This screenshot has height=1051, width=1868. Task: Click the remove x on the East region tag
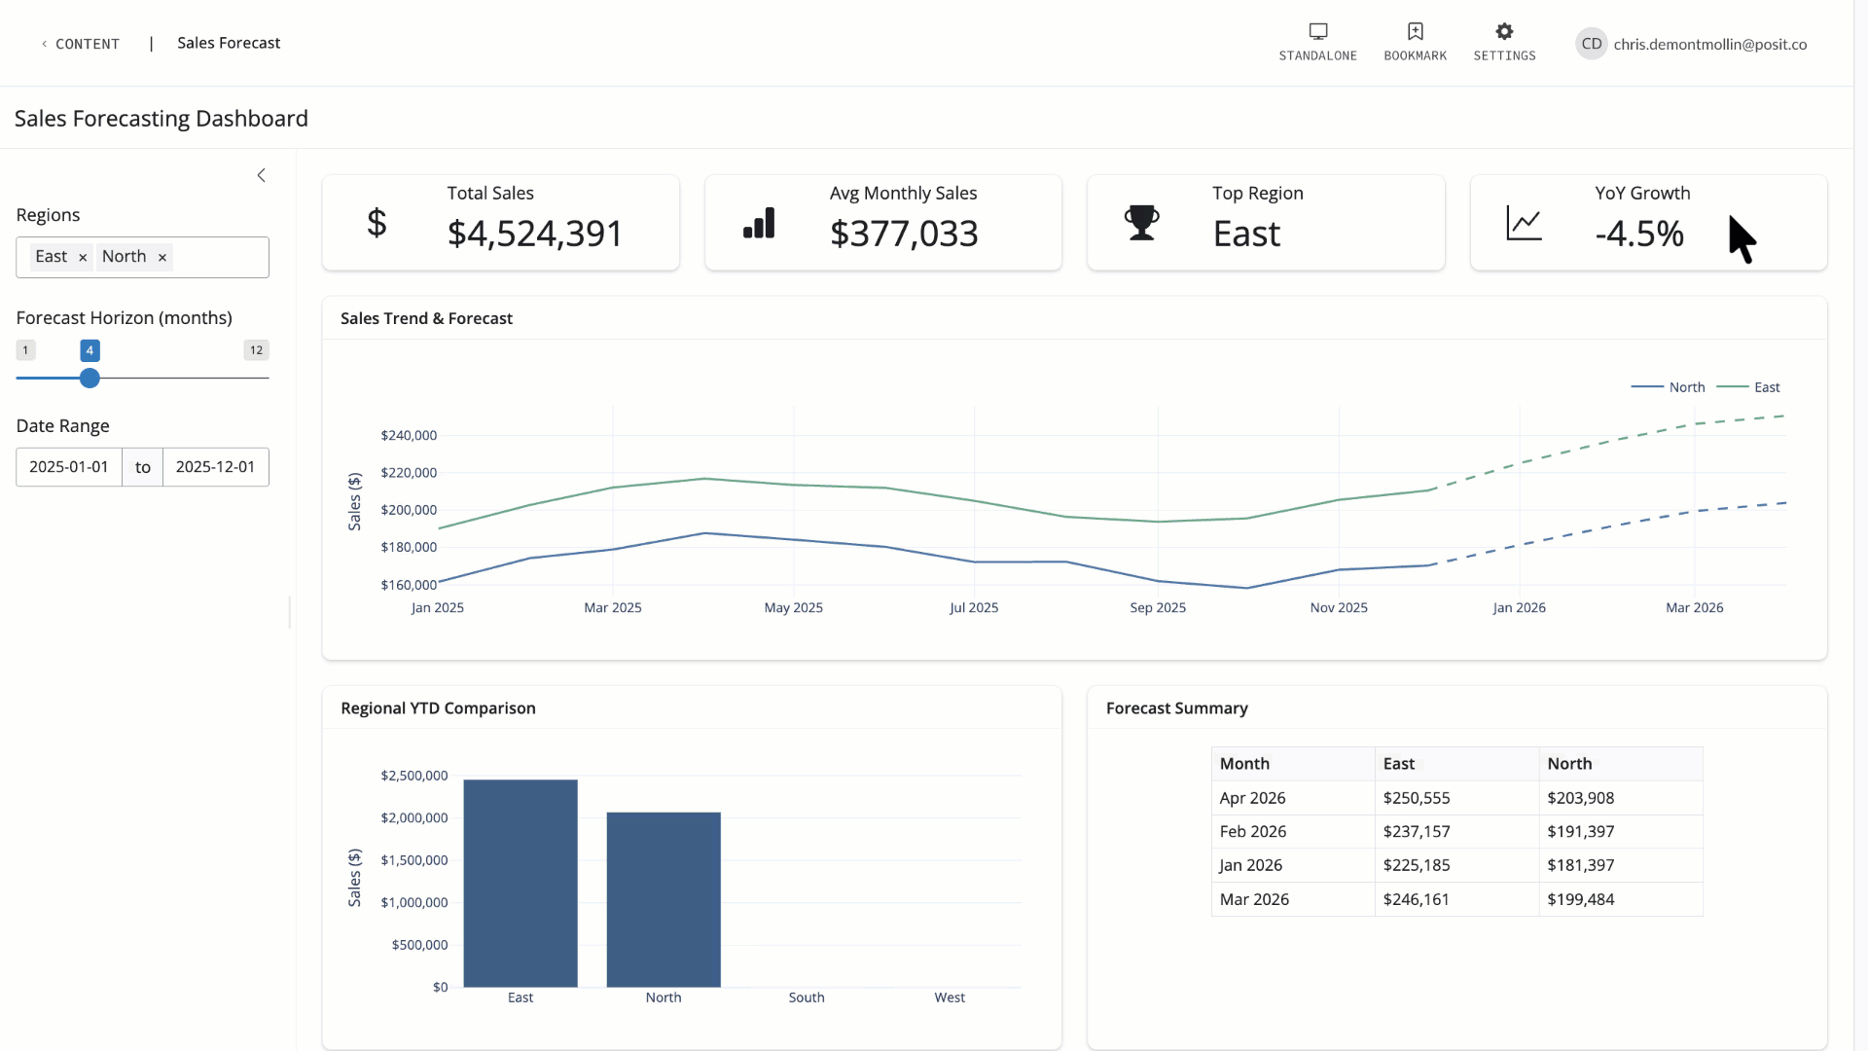[83, 258]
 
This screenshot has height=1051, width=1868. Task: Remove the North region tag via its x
[162, 258]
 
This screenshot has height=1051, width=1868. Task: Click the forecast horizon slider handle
[90, 379]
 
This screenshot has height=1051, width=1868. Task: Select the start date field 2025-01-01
[69, 467]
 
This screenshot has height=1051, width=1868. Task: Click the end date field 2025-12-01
[215, 467]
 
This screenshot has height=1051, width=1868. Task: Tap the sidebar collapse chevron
[261, 175]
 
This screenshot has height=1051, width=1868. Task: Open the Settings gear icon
[1504, 32]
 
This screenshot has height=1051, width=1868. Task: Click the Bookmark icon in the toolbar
[1415, 32]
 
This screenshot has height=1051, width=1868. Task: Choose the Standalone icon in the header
[1317, 32]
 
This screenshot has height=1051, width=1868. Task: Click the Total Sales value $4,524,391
[534, 234]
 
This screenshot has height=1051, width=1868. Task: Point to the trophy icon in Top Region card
[1141, 223]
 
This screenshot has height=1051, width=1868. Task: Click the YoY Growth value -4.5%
[1639, 234]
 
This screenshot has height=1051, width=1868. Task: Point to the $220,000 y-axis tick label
[409, 473]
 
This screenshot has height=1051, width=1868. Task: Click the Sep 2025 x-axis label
[1158, 608]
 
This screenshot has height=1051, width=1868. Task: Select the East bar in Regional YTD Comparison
[521, 883]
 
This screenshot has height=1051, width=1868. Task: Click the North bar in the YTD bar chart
[664, 899]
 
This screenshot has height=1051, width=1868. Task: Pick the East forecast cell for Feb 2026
[1417, 832]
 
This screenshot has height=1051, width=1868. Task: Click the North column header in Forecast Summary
[1569, 764]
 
